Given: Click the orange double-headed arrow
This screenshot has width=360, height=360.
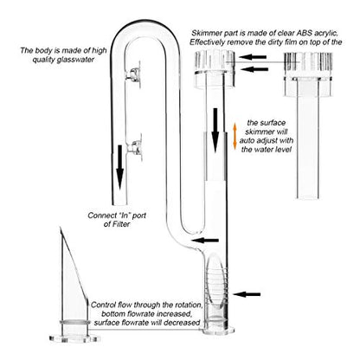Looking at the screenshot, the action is pos(235,137).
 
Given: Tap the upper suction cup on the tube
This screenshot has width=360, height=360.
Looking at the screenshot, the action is pos(134,74).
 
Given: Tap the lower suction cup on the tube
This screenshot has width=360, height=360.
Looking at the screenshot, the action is pos(135,147).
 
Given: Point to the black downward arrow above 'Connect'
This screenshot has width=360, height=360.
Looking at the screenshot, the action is pos(120,167).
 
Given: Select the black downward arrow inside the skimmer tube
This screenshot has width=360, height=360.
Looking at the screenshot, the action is pos(215,130).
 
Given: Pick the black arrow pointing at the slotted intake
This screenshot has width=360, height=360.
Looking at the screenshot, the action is pos(247,294).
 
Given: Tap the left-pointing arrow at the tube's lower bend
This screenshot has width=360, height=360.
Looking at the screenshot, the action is pos(205,240).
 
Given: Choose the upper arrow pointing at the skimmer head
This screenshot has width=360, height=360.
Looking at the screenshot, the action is pos(253,57).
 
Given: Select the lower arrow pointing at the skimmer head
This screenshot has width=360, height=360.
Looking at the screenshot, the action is pos(254,69).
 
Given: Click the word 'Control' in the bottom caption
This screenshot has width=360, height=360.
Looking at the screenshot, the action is pos(103,305).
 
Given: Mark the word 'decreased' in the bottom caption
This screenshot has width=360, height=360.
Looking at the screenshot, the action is pos(183,322).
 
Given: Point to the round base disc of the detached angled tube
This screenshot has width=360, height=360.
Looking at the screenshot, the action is pos(74,338).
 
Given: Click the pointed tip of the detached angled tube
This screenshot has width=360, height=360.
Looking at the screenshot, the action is pos(61,228).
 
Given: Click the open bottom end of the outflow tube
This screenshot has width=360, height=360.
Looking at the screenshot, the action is pos(119,202).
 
